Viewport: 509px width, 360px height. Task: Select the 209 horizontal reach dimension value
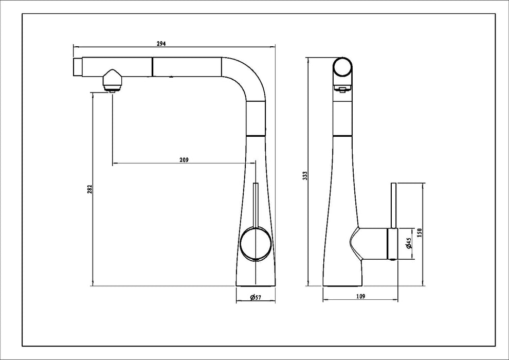(x=185, y=159)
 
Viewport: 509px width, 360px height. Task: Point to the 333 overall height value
(x=304, y=176)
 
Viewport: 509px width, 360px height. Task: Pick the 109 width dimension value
(x=360, y=296)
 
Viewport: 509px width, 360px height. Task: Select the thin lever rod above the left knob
(x=254, y=203)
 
